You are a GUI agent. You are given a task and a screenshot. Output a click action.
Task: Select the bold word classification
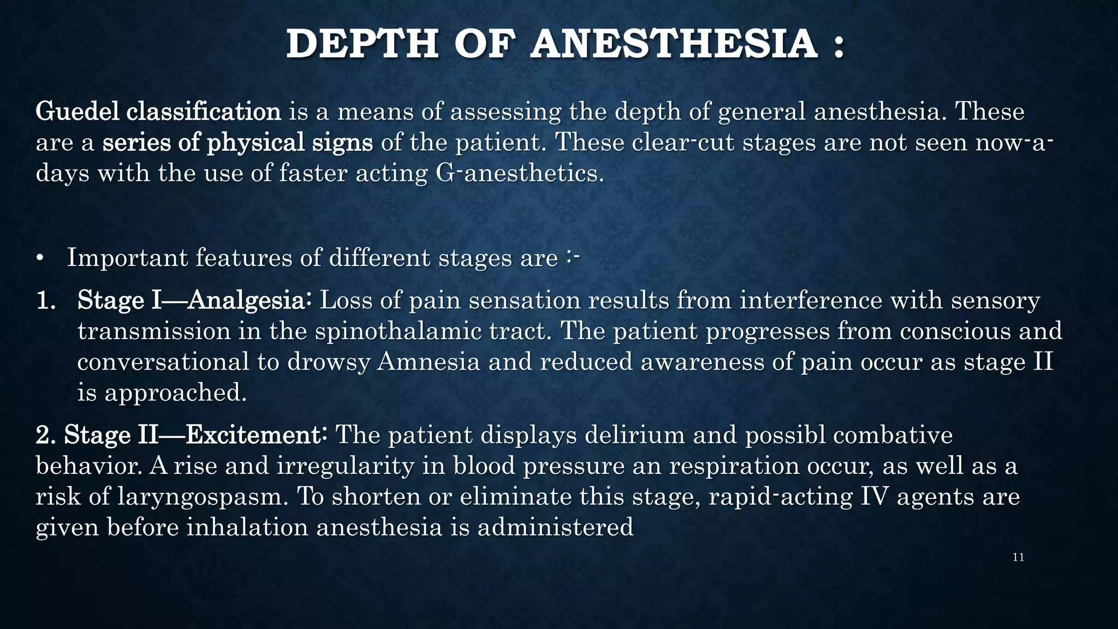click(x=204, y=112)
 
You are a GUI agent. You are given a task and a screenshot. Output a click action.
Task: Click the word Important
click(x=127, y=258)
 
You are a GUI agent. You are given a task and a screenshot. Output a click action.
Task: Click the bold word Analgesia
click(x=249, y=301)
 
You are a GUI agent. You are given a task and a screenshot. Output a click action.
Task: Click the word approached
click(x=176, y=393)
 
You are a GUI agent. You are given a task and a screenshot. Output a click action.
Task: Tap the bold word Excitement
click(x=256, y=436)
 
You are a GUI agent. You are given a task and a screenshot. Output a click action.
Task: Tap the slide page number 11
click(x=1018, y=557)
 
